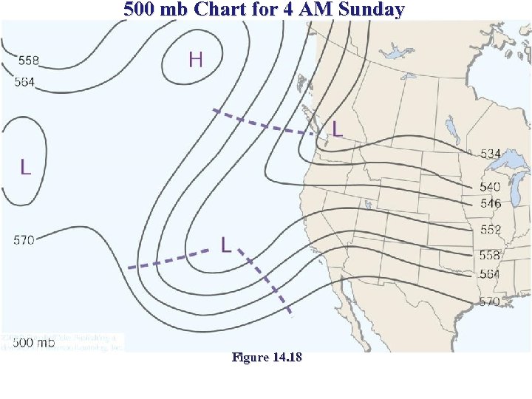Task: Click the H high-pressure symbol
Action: pos(196,59)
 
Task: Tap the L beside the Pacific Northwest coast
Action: pos(337,129)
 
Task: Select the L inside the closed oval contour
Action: pos(26,167)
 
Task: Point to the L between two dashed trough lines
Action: pos(227,245)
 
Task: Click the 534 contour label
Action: pos(490,154)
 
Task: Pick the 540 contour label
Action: pos(490,187)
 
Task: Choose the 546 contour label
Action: pos(490,203)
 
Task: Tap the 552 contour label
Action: pos(490,230)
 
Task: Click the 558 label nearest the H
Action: pos(29,59)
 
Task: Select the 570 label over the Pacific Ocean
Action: pos(24,240)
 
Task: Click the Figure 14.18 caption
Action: pos(266,358)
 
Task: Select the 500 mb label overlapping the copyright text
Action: pos(34,343)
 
